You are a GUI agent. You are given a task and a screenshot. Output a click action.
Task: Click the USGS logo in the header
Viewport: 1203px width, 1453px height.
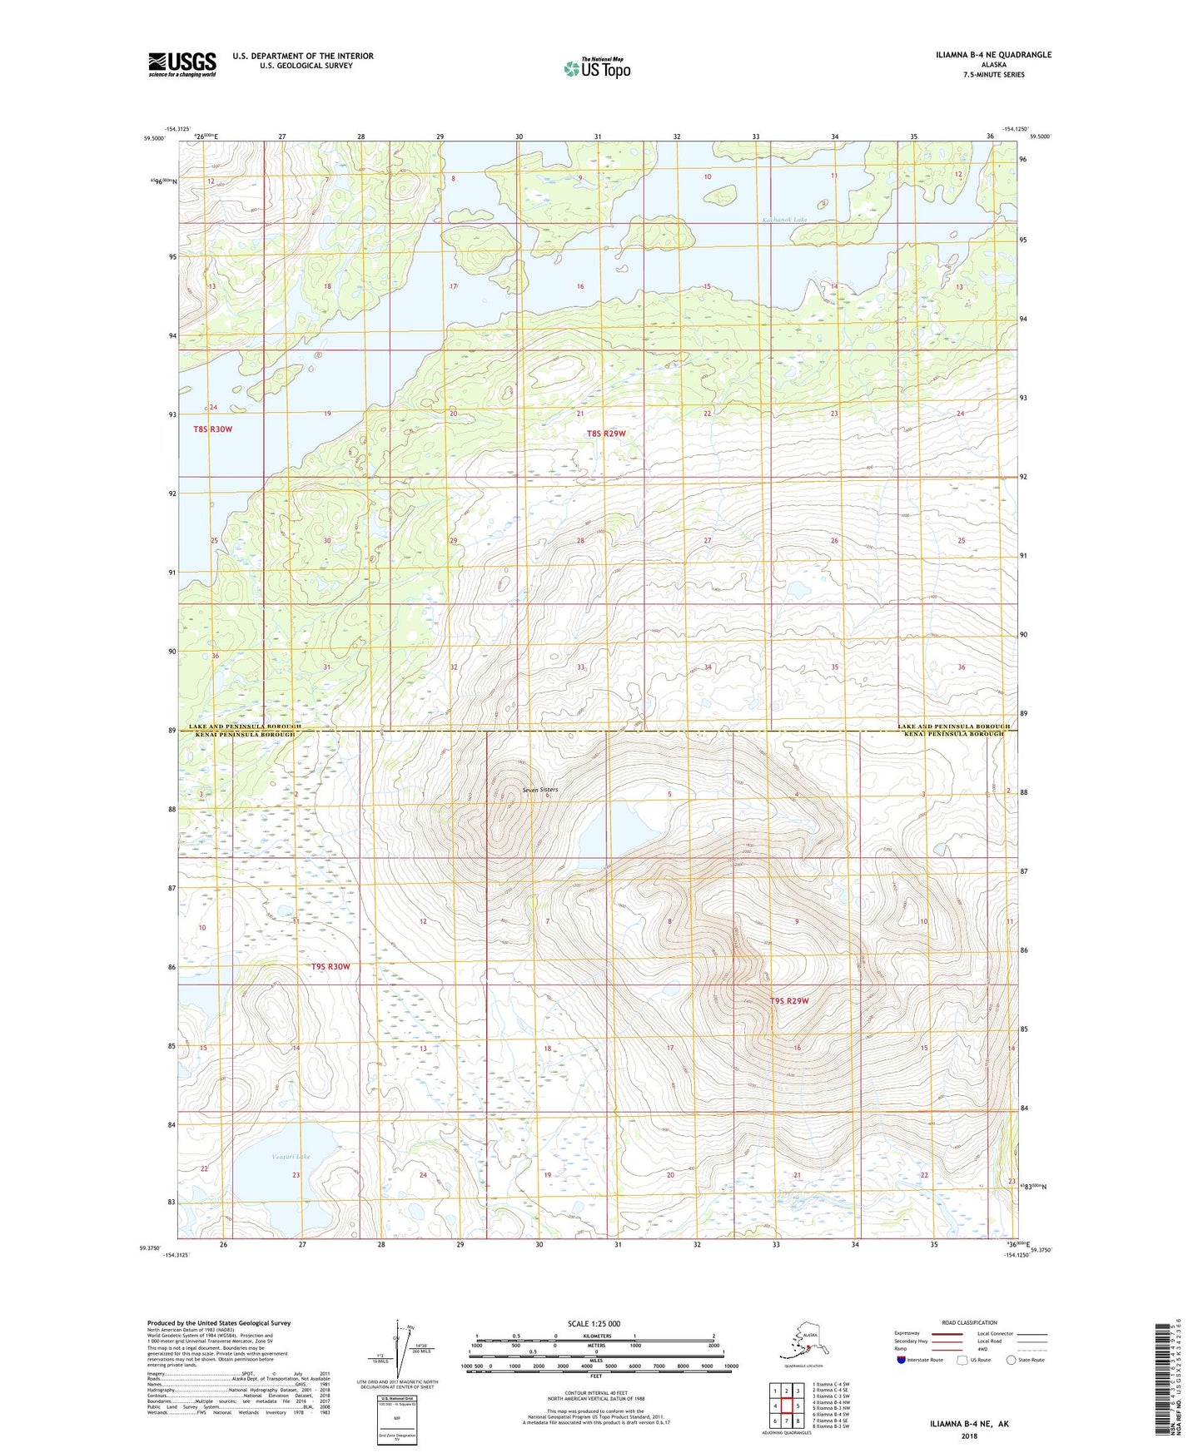(x=181, y=64)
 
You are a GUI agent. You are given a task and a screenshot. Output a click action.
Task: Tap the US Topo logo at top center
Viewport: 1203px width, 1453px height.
(x=596, y=67)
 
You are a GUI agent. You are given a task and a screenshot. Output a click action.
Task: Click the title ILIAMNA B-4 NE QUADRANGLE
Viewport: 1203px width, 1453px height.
(x=992, y=55)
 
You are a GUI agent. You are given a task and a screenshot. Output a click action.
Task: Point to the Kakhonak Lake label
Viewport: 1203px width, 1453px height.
(x=784, y=220)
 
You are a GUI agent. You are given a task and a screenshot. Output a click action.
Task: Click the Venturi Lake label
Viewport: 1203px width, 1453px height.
(x=291, y=1157)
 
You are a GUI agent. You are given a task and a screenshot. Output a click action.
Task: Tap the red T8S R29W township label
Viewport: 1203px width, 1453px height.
(x=605, y=434)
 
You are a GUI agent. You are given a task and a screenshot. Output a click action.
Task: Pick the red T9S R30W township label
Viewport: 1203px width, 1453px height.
(x=331, y=967)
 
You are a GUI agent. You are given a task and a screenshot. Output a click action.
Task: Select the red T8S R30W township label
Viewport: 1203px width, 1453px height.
(x=212, y=429)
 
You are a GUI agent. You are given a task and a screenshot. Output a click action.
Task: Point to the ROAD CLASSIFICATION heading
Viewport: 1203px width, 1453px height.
(x=969, y=1322)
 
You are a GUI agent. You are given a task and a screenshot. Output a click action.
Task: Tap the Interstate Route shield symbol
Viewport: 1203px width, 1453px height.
(x=902, y=1360)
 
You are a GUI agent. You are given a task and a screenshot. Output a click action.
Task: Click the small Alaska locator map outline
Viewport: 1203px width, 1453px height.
(x=802, y=1343)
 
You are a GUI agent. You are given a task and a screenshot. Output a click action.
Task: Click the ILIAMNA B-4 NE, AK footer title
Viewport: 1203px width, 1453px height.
(x=969, y=1424)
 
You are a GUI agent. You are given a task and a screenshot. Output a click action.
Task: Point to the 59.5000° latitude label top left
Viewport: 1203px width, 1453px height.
(x=154, y=139)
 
